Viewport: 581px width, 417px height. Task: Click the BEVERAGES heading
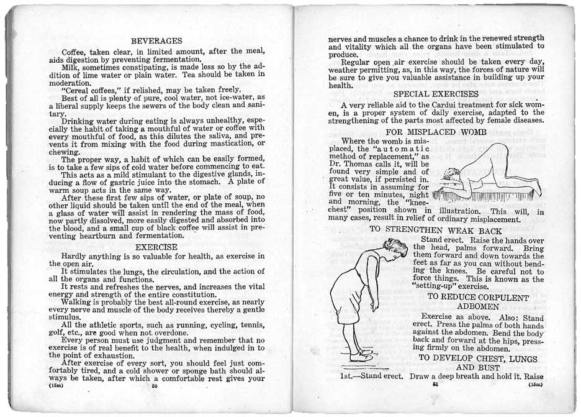[156, 41]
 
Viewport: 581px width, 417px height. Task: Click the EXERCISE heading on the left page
[156, 247]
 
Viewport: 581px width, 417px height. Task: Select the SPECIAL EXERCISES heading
[436, 94]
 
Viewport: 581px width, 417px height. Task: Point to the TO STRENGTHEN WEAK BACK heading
[436, 229]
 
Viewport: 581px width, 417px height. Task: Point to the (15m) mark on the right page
[534, 385]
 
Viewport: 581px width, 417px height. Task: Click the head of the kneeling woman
[452, 176]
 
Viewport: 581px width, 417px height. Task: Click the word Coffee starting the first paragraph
[76, 51]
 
